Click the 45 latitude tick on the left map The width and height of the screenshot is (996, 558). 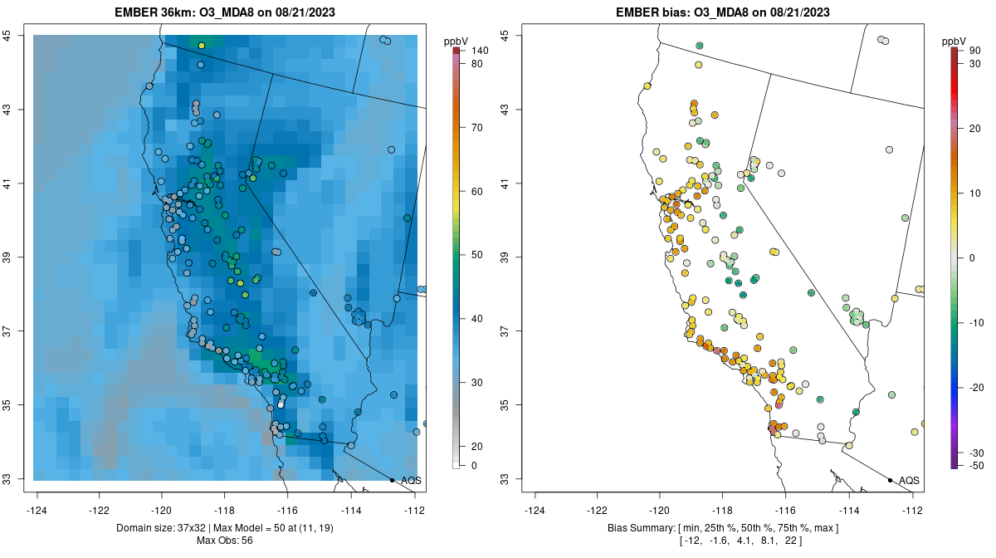point(7,35)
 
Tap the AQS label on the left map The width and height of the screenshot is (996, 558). point(411,480)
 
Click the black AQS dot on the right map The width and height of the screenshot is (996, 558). point(890,480)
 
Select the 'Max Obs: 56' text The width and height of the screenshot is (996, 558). point(224,541)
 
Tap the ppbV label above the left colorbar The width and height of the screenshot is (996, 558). point(456,41)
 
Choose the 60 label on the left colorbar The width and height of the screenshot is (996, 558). point(477,191)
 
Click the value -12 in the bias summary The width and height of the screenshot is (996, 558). point(691,541)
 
